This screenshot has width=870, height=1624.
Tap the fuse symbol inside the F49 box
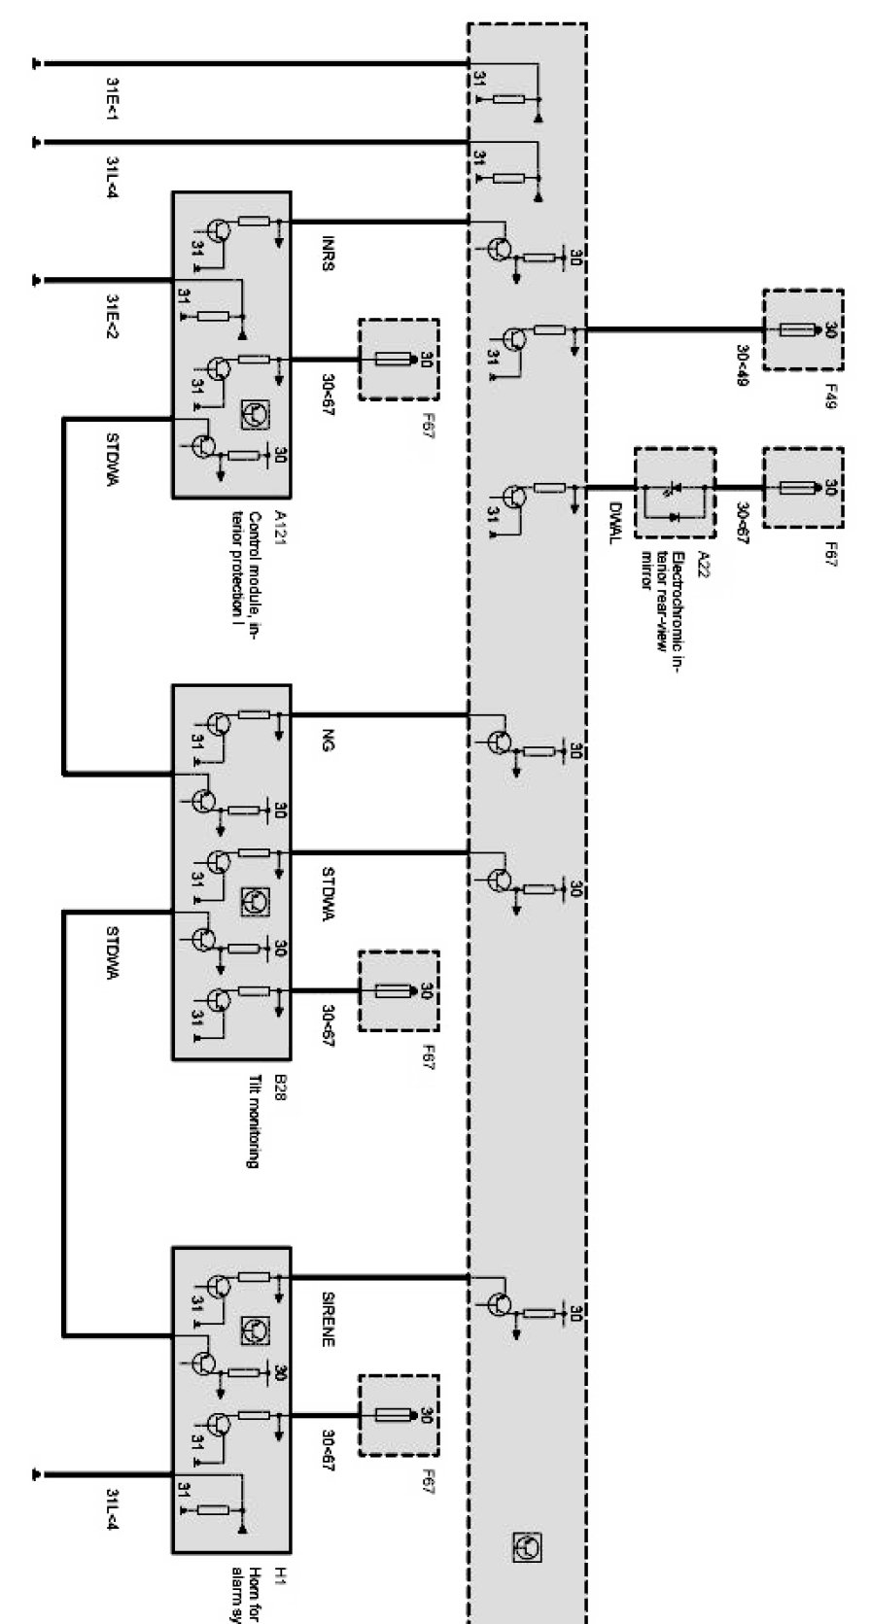pyautogui.click(x=800, y=330)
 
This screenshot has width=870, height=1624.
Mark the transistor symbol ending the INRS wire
pyautogui.click(x=501, y=249)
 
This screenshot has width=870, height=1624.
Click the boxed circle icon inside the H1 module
pyautogui.click(x=256, y=1330)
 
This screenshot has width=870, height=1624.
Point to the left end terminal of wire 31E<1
pyautogui.click(x=37, y=64)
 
